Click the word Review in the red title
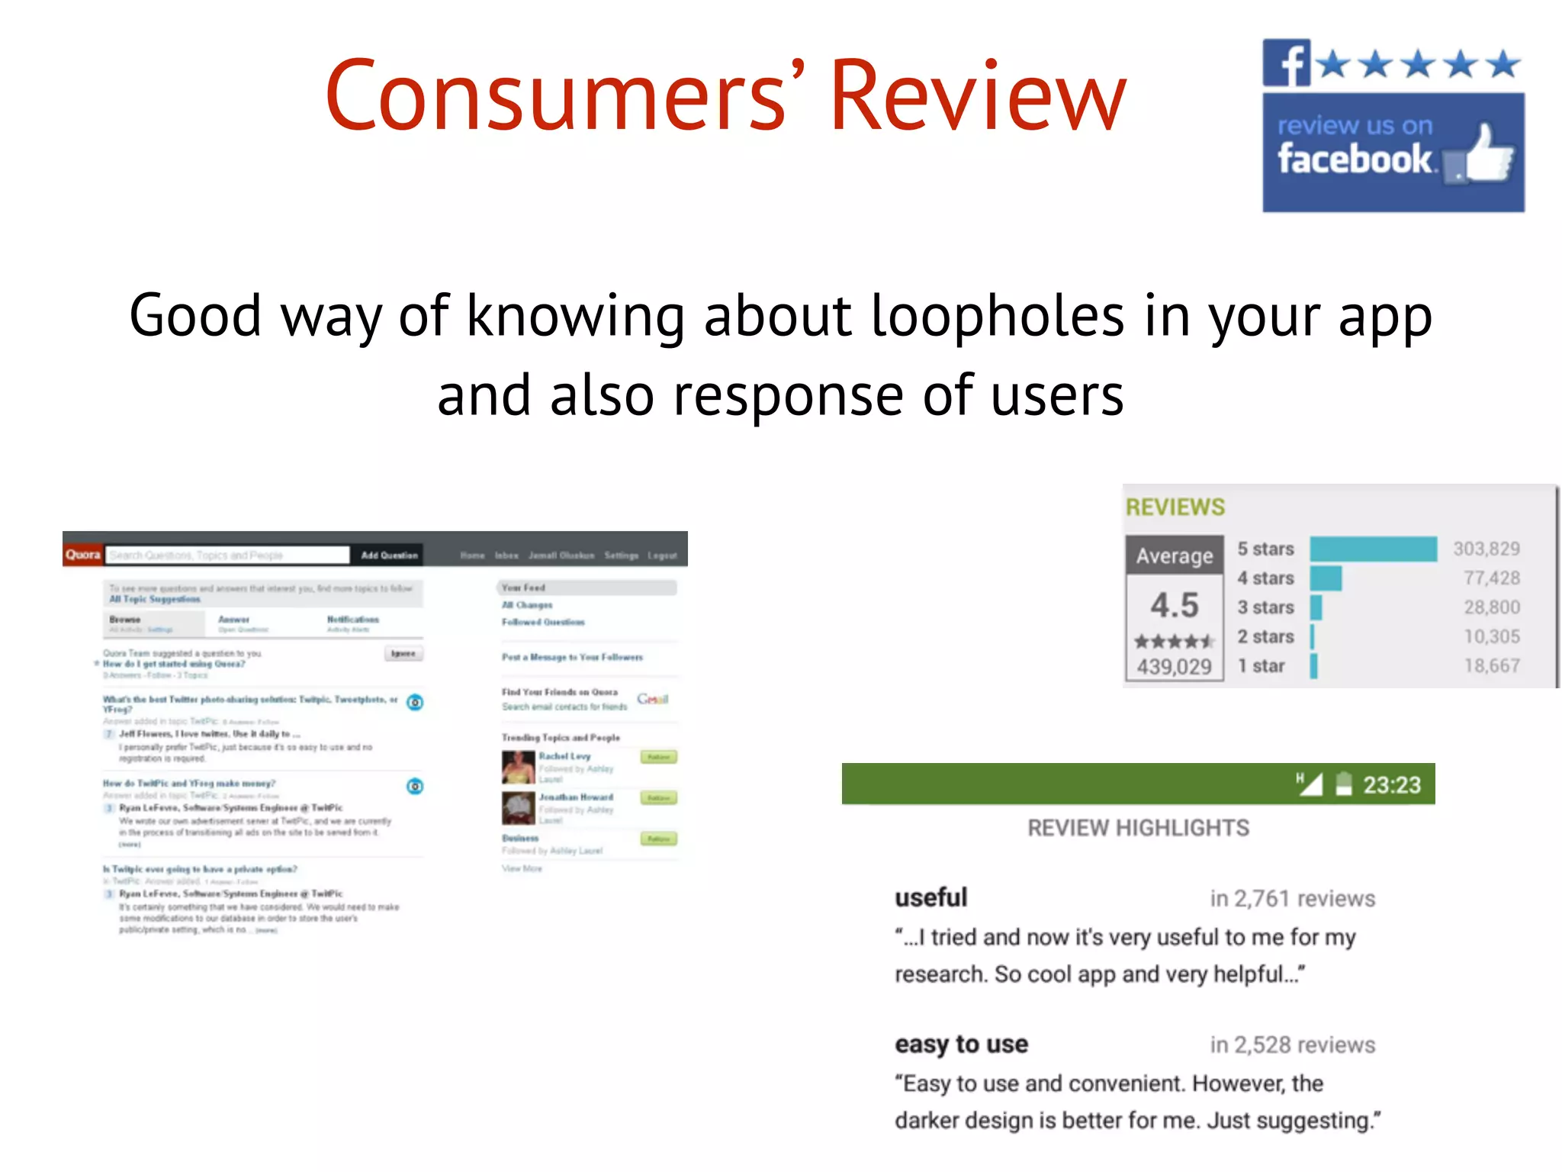click(x=978, y=97)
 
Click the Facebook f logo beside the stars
click(x=1286, y=63)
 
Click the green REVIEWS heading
click(x=1175, y=507)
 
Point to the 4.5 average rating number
click(x=1175, y=605)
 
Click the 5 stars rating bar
click(x=1373, y=549)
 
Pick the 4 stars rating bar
click(x=1326, y=578)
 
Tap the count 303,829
click(x=1486, y=549)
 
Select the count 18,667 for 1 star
click(x=1491, y=666)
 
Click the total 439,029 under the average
click(x=1175, y=667)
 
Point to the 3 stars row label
click(x=1265, y=607)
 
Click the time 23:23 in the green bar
click(x=1392, y=785)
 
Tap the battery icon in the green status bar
click(x=1343, y=784)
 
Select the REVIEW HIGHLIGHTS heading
click(x=1138, y=828)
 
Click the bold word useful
click(x=930, y=897)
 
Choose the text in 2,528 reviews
click(x=1292, y=1045)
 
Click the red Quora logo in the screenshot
click(x=82, y=555)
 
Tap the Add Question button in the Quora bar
click(x=389, y=555)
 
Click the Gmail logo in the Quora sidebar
click(x=652, y=699)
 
